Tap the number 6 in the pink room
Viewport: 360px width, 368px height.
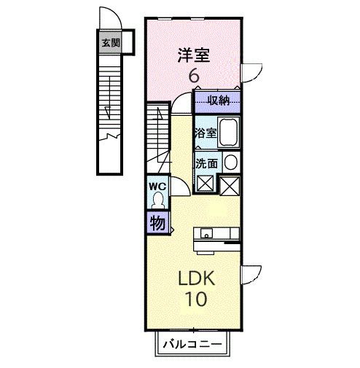click(x=194, y=75)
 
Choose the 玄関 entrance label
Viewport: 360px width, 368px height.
click(x=108, y=42)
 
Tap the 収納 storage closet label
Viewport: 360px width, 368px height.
click(x=218, y=100)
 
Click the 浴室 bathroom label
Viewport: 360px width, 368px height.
click(x=205, y=133)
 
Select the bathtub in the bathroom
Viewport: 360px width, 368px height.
click(x=229, y=133)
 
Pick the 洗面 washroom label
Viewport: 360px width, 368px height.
click(x=205, y=163)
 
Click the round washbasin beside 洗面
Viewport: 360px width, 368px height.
click(x=230, y=163)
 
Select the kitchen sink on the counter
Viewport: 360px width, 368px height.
click(x=207, y=234)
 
